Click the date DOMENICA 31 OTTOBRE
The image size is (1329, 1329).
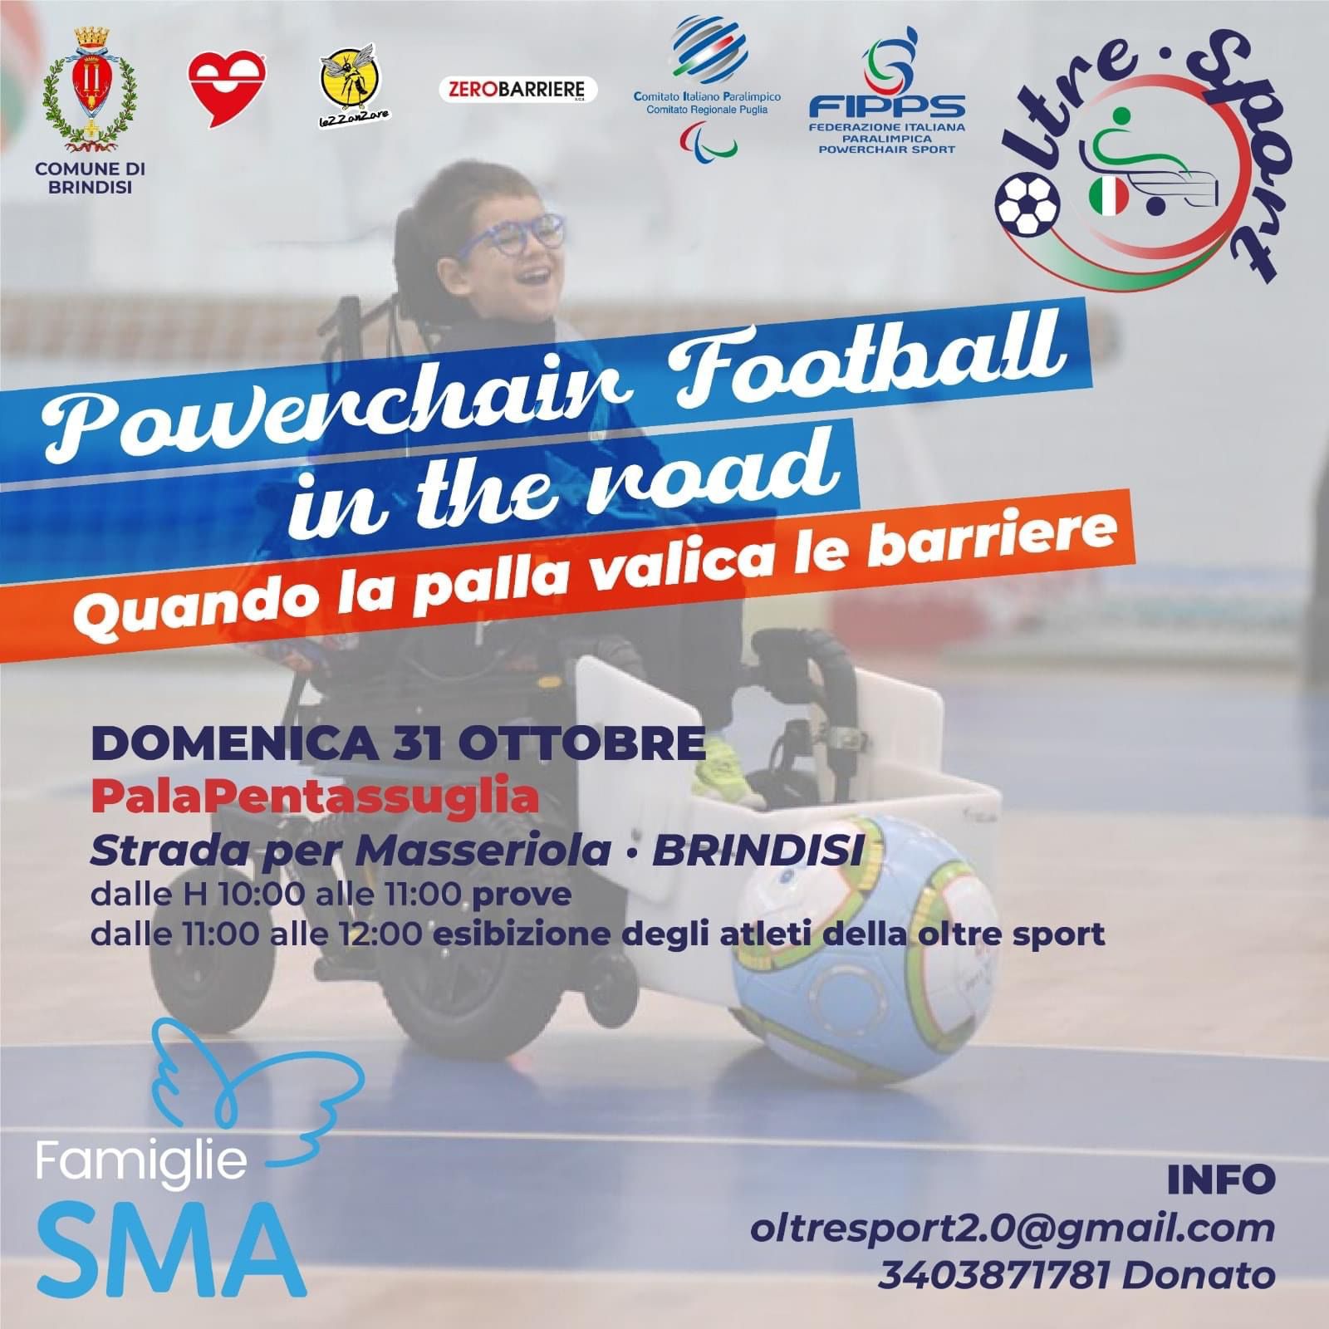[398, 743]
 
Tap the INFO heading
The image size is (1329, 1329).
[1221, 1179]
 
